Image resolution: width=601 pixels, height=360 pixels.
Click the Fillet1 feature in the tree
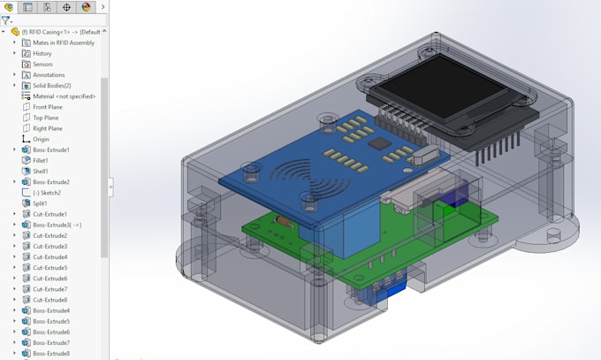click(40, 160)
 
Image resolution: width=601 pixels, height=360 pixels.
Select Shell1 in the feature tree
click(40, 171)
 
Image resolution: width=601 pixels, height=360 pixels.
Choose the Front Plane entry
click(47, 107)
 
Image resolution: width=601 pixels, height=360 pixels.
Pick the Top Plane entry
click(45, 118)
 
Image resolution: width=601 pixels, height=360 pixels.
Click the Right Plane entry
click(47, 128)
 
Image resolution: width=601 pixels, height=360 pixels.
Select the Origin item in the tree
click(41, 139)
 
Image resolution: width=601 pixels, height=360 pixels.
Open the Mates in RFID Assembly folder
click(63, 42)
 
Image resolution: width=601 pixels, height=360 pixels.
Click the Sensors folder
click(42, 64)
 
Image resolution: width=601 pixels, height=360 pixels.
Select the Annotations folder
click(49, 74)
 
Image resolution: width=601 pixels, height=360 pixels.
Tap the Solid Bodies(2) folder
click(51, 85)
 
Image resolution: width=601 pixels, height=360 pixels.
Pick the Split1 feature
click(39, 203)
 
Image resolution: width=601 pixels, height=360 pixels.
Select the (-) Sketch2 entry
click(46, 192)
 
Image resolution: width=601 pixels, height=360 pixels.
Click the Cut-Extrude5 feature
click(49, 267)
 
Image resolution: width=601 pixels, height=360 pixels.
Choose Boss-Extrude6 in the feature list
click(50, 332)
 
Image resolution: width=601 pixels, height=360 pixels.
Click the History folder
click(42, 53)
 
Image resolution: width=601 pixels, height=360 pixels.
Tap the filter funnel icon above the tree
click(5, 19)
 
